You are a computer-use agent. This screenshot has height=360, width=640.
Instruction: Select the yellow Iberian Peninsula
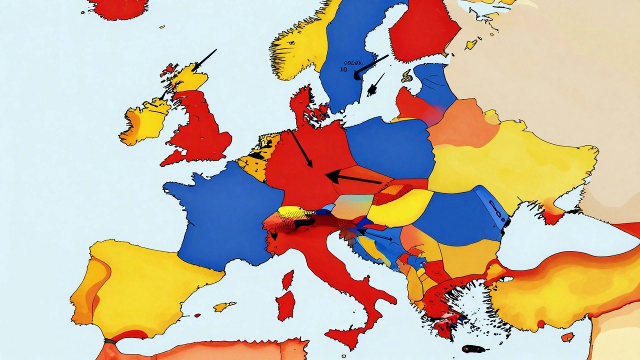[x=145, y=285]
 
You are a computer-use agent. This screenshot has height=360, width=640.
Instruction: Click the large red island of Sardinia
[x=285, y=305]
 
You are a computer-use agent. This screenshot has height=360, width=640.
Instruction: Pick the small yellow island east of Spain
[x=224, y=306]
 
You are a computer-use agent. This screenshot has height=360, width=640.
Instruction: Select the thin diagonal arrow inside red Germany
[x=301, y=149]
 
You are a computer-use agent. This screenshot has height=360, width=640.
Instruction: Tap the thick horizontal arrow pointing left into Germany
[x=352, y=177]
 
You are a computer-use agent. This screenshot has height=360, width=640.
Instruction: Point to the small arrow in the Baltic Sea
[x=376, y=84]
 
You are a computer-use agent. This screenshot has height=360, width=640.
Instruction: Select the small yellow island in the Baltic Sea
[x=406, y=76]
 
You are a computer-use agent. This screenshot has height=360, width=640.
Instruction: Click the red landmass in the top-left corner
[x=118, y=7]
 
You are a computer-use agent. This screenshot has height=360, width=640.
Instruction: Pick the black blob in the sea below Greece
[x=473, y=348]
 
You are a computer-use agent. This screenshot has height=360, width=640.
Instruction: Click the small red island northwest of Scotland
[x=169, y=69]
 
